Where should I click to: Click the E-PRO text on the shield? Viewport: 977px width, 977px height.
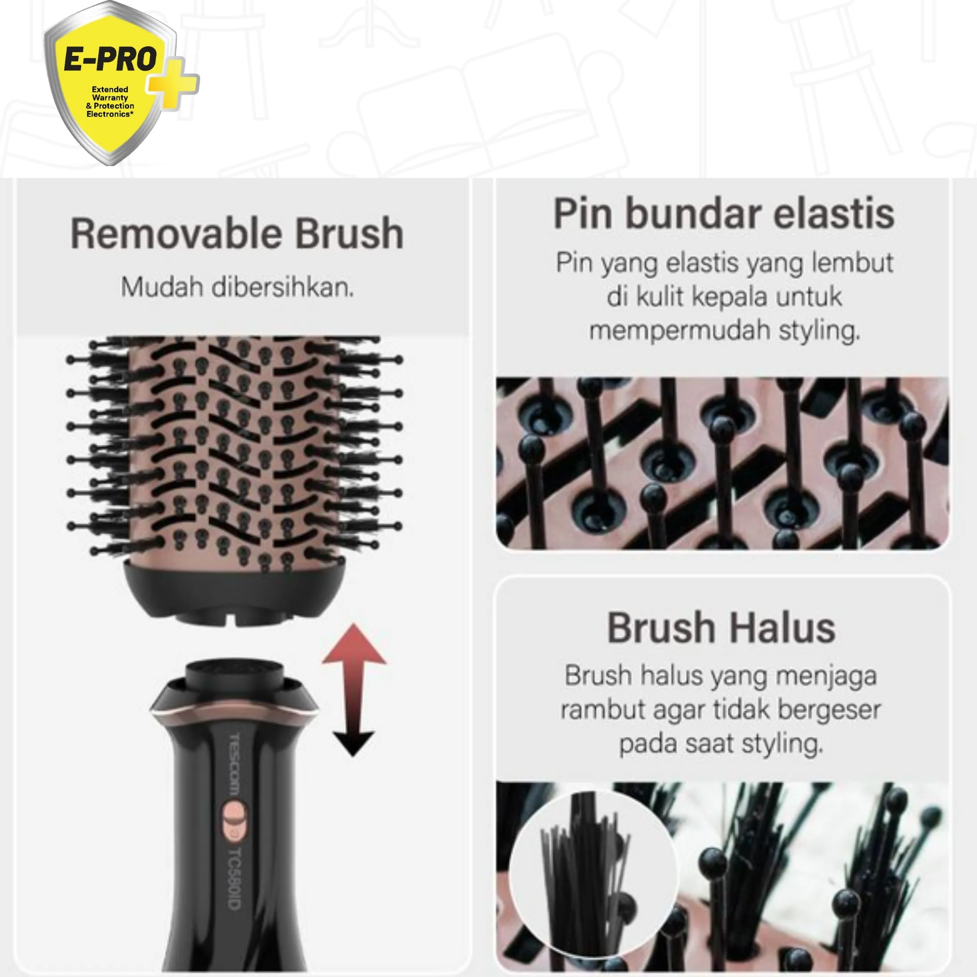[x=110, y=59]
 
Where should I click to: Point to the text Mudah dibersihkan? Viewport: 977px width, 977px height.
[x=237, y=287]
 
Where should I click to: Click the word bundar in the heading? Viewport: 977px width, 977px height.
[x=693, y=214]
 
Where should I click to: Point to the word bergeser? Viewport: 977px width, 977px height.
[x=829, y=710]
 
